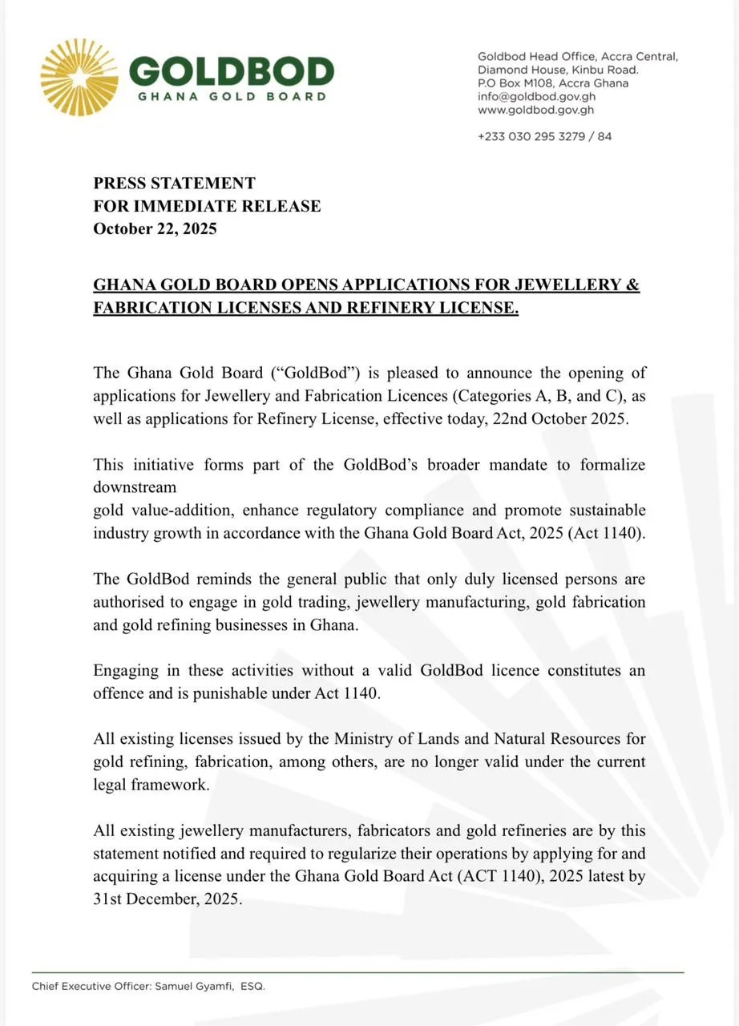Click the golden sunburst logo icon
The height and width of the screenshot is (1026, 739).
(x=79, y=76)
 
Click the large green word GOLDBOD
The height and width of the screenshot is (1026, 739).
(x=231, y=72)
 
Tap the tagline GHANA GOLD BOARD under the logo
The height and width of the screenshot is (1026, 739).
(x=232, y=97)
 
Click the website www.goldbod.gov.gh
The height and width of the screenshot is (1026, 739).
(x=535, y=110)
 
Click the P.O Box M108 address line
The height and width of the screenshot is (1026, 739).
(x=553, y=83)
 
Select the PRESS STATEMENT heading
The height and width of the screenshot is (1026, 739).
(x=174, y=184)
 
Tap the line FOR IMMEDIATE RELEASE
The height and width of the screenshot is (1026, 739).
(x=207, y=206)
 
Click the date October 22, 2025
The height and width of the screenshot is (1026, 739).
(x=155, y=228)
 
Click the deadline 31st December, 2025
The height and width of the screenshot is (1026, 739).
(x=167, y=899)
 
